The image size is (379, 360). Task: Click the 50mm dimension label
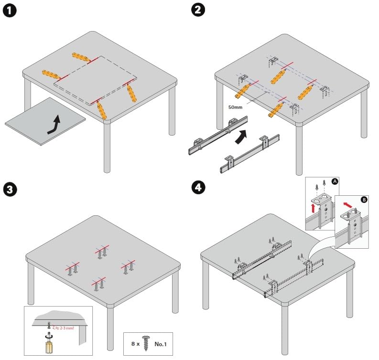point(236,107)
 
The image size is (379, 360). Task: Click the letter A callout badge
point(335,181)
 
